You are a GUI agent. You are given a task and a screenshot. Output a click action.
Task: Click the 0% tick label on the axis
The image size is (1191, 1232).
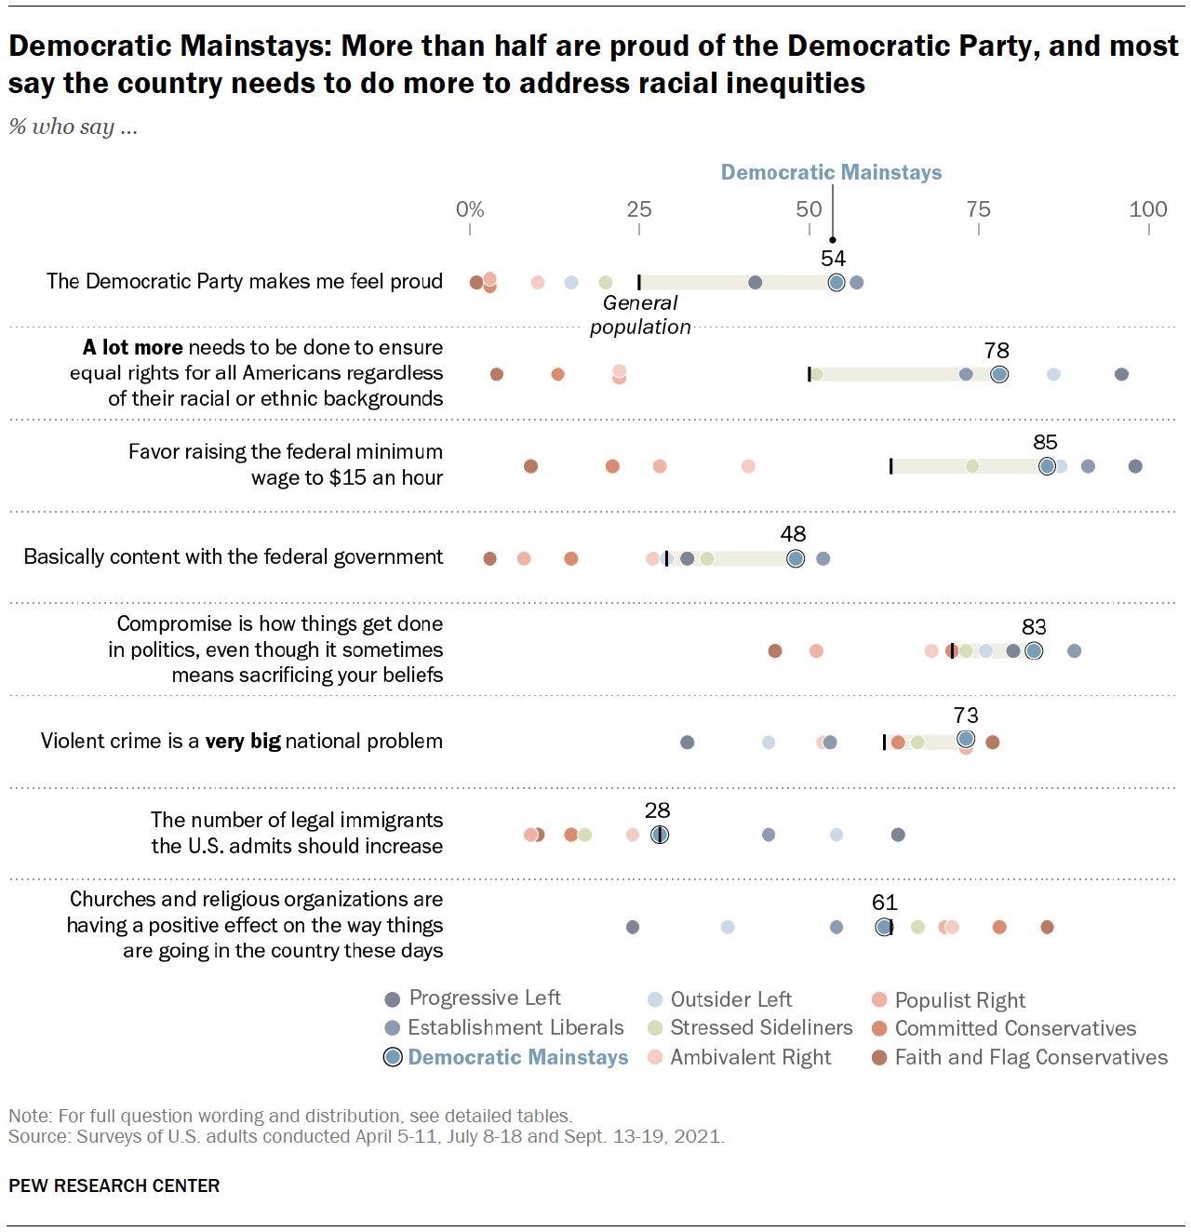(x=470, y=209)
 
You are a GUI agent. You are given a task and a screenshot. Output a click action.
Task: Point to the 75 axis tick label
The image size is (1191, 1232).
(x=978, y=209)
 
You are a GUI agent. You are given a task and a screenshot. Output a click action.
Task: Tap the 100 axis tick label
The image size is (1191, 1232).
(x=1148, y=209)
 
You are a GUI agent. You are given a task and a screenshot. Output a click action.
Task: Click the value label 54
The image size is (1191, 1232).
(x=833, y=259)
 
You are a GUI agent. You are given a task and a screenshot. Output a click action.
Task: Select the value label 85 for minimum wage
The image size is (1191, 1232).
(x=1046, y=442)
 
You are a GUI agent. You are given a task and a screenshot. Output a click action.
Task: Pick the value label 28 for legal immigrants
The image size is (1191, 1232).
(x=658, y=810)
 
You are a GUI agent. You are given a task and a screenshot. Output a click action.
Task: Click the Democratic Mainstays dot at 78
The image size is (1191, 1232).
(x=999, y=374)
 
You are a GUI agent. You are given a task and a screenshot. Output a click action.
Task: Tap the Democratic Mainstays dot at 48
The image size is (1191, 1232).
(x=796, y=558)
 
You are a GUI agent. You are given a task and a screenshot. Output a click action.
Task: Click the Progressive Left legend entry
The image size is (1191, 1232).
(x=474, y=998)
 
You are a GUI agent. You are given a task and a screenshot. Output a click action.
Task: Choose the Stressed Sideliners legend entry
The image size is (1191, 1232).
(x=750, y=1027)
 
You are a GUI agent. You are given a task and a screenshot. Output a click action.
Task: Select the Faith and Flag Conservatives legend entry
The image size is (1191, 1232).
(x=1020, y=1057)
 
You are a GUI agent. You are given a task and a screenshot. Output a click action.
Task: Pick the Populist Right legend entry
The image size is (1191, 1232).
(x=949, y=1000)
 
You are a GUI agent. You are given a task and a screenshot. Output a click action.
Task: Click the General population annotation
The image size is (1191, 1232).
(x=640, y=315)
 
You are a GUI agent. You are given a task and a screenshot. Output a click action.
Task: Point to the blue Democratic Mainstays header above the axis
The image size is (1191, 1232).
(x=831, y=172)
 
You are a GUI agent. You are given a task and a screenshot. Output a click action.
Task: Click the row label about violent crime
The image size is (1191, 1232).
(x=242, y=741)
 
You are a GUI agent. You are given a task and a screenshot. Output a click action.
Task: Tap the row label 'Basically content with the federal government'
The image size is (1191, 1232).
(x=234, y=556)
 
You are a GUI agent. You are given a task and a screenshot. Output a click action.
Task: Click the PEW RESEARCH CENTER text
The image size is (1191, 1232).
(x=114, y=1185)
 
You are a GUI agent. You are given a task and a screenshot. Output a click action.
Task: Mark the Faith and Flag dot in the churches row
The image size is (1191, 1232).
(x=1047, y=927)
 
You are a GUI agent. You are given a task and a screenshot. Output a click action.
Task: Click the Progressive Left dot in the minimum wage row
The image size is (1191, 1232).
(x=1135, y=466)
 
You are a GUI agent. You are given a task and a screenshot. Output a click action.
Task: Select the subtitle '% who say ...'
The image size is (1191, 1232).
(x=74, y=127)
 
